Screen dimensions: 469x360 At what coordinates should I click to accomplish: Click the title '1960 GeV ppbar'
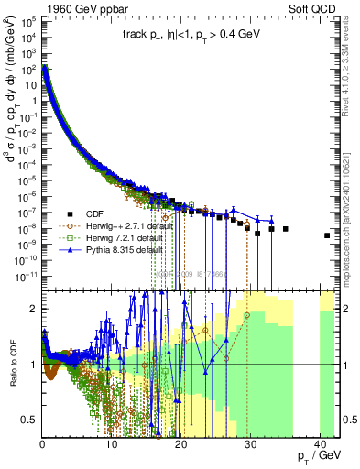coord(78,8)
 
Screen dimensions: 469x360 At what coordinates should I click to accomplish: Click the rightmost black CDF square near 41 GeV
coord(327,235)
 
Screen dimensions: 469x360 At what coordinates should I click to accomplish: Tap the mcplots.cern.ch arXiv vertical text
coord(354,211)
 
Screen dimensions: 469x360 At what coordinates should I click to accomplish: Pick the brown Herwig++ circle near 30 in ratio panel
coord(247,315)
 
